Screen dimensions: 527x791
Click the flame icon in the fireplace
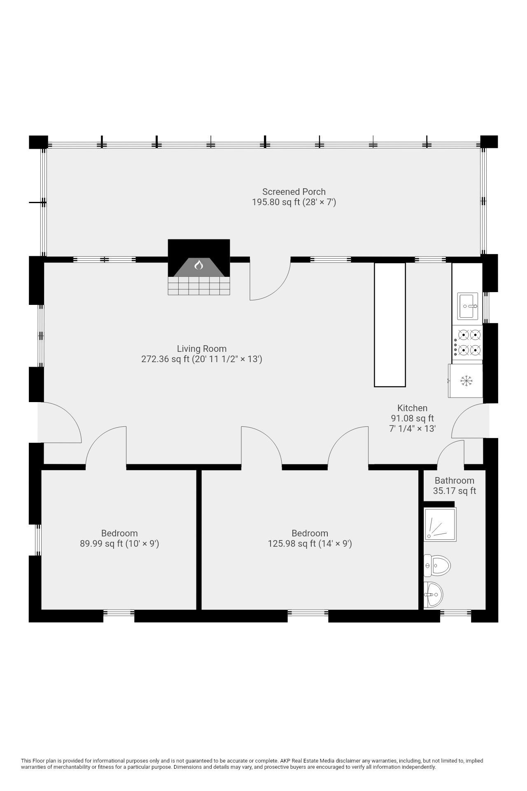pos(199,265)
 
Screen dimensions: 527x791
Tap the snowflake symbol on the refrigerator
pos(465,381)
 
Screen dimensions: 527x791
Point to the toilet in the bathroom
pos(437,565)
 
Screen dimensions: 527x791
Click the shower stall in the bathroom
pos(440,524)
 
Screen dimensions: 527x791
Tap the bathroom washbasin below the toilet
pos(433,594)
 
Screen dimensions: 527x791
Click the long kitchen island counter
pos(389,325)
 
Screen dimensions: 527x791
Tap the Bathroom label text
pos(455,480)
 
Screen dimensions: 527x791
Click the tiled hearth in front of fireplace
pos(199,286)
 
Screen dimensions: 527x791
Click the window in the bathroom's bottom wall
pos(455,613)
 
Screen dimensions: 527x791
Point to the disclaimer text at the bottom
pos(252,764)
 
